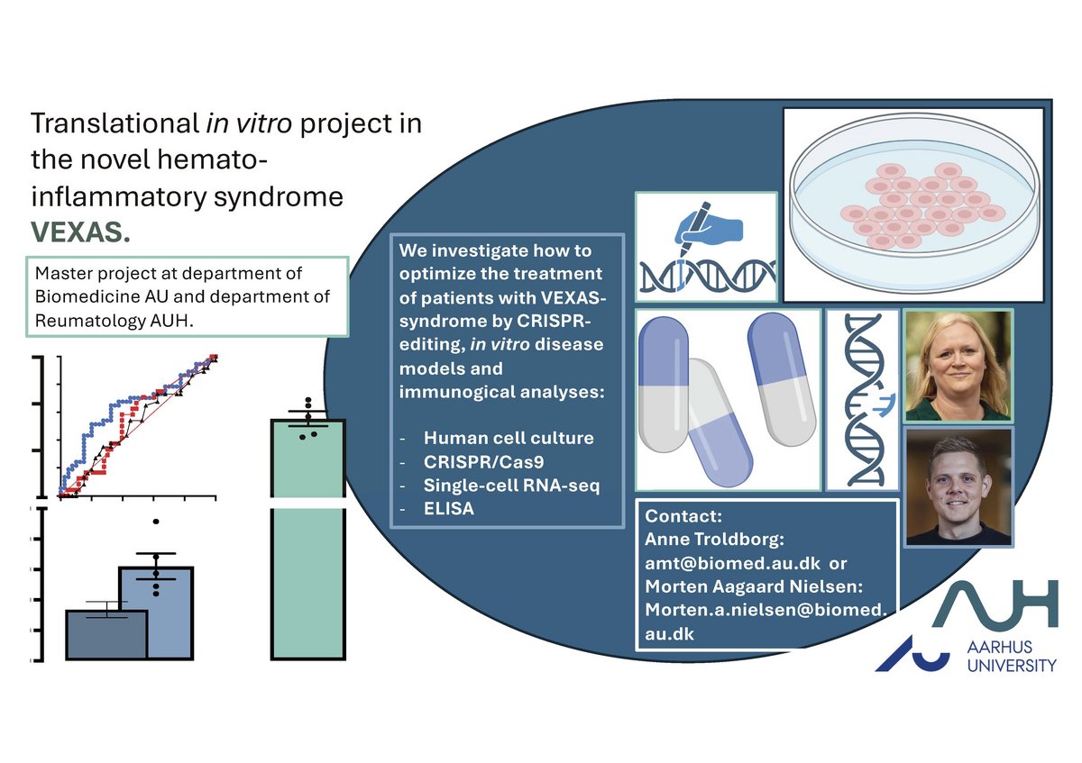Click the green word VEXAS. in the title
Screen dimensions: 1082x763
pyautogui.click(x=80, y=232)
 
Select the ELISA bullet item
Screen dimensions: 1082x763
pyautogui.click(x=449, y=509)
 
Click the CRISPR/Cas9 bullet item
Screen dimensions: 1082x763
pyautogui.click(x=483, y=462)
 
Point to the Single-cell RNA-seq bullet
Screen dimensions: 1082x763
pyautogui.click(x=511, y=486)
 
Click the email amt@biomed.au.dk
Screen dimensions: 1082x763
pyautogui.click(x=732, y=563)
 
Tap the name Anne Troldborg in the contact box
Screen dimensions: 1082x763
pyautogui.click(x=712, y=539)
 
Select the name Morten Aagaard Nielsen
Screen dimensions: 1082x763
pyautogui.click(x=752, y=586)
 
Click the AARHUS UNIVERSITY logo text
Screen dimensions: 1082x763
pyautogui.click(x=1012, y=657)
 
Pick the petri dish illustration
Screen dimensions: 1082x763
pyautogui.click(x=914, y=203)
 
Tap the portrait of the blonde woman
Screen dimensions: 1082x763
pyautogui.click(x=958, y=366)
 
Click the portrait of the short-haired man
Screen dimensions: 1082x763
pyautogui.click(x=958, y=487)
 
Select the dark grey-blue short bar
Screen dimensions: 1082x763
pyautogui.click(x=106, y=634)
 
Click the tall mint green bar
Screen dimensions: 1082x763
pyautogui.click(x=308, y=539)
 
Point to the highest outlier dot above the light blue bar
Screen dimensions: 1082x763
pyautogui.click(x=155, y=522)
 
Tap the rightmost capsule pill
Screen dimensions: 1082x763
pyautogui.click(x=781, y=379)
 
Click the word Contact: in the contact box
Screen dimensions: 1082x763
pyautogui.click(x=683, y=516)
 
